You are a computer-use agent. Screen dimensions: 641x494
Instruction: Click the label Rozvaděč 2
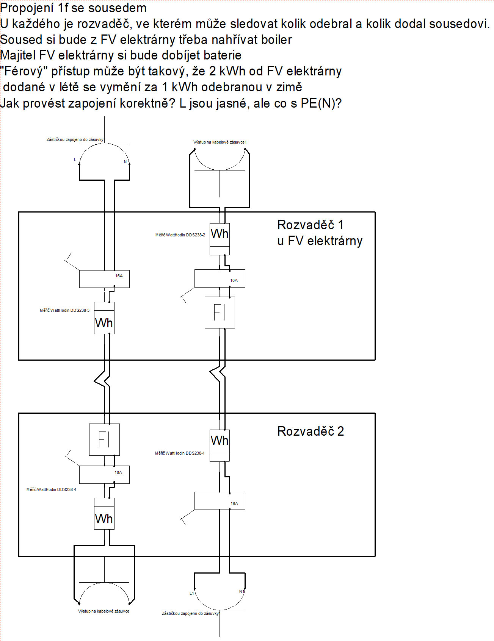coord(311,431)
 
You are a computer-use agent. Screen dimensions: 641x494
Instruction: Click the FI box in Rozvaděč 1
coord(220,313)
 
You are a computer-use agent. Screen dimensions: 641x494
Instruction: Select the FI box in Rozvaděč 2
coord(104,439)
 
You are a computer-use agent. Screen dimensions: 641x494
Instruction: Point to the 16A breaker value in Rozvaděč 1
coord(119,276)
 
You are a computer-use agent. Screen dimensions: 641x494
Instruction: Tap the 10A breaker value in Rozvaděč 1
coord(234,280)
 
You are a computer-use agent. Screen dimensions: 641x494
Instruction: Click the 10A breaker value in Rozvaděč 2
coord(118,472)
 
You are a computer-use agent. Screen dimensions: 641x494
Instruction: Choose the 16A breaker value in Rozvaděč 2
coord(234,503)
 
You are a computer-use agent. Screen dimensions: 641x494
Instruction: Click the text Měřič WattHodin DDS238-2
coord(180,235)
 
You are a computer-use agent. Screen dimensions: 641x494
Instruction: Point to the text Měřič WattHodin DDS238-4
coord(51,489)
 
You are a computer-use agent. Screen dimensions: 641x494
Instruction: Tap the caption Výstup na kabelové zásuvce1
coord(220,142)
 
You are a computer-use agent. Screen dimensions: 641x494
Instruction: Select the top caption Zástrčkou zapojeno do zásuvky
coord(75,139)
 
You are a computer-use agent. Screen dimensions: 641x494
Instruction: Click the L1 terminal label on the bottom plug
coord(191,593)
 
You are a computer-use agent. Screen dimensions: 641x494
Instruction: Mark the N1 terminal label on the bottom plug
coord(241,591)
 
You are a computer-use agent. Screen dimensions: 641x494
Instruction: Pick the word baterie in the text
coord(223,55)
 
